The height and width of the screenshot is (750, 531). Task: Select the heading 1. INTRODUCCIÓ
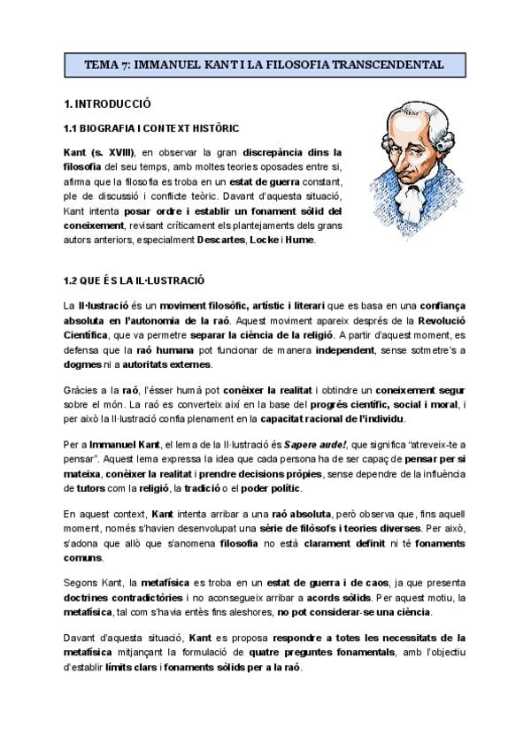click(109, 103)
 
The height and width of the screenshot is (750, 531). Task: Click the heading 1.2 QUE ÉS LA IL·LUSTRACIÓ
click(134, 280)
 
